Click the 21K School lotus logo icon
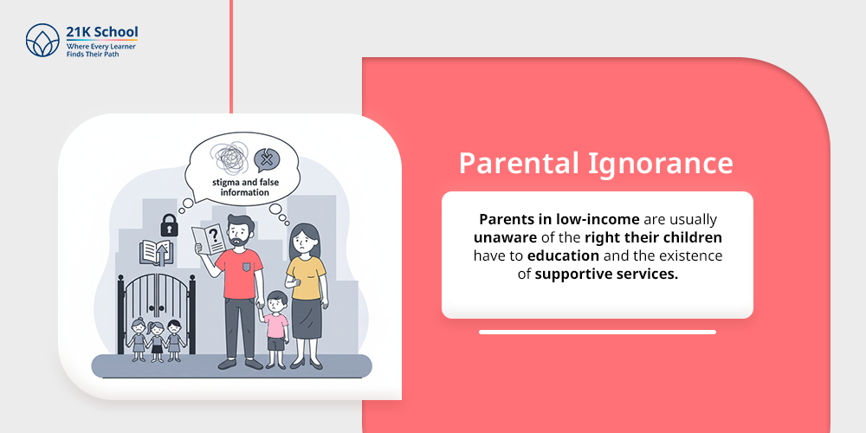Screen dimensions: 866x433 [42, 40]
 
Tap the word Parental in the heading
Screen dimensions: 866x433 [518, 164]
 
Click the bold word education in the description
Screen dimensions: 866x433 [563, 256]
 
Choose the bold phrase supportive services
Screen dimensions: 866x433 [606, 274]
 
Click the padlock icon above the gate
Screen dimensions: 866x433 [169, 225]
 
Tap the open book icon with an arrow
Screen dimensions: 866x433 [156, 252]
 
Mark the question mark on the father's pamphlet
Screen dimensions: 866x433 [214, 236]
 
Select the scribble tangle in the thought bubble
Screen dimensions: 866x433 [229, 158]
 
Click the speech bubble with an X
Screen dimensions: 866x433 [267, 160]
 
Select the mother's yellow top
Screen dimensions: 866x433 [306, 277]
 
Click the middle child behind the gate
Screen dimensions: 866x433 [157, 342]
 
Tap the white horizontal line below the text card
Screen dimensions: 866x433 [597, 332]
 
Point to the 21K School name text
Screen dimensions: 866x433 [101, 32]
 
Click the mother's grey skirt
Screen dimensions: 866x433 [307, 318]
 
